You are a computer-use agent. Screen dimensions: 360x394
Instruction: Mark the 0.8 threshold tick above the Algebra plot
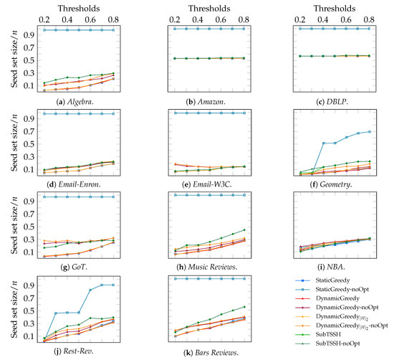[112, 17]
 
